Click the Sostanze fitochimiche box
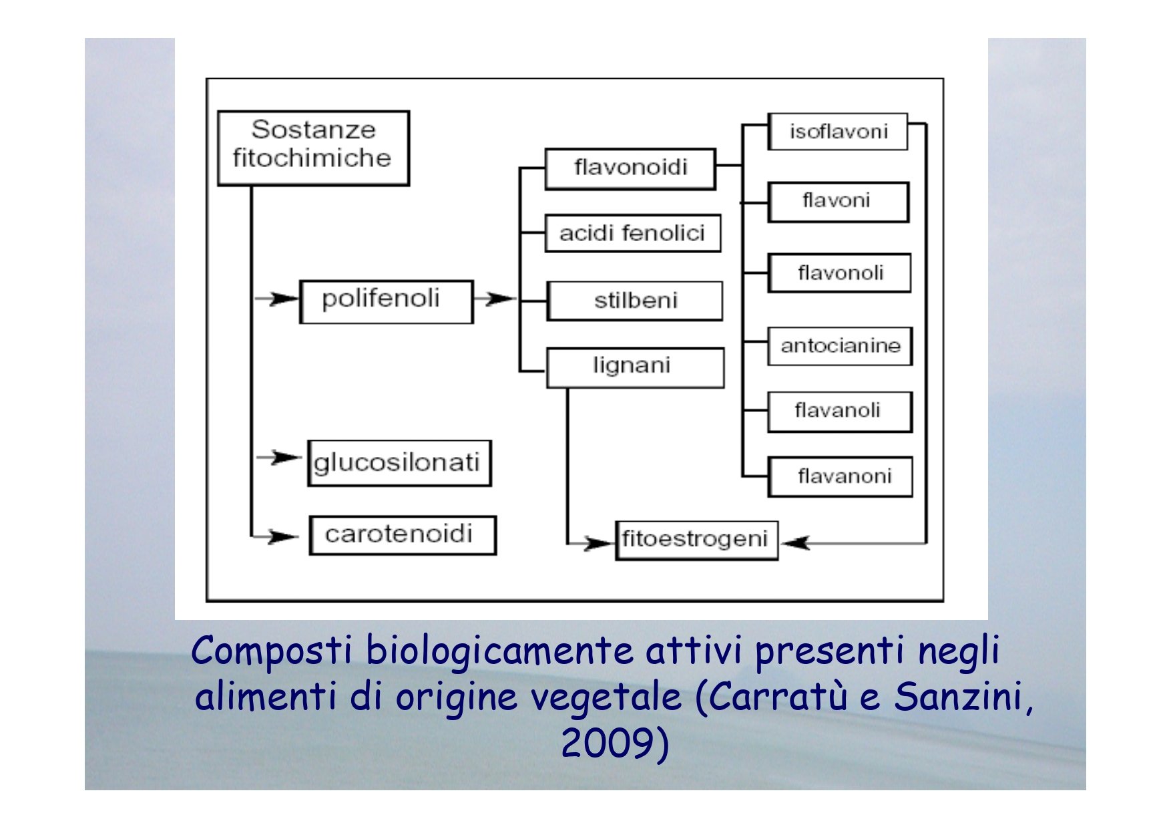pyautogui.click(x=313, y=148)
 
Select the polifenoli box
pyautogui.click(x=387, y=302)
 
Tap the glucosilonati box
pyautogui.click(x=399, y=463)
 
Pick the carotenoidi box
pyautogui.click(x=403, y=535)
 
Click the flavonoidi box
pyautogui.click(x=630, y=169)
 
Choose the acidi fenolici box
pyautogui.click(x=633, y=233)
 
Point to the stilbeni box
pyautogui.click(x=634, y=301)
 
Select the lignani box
pyautogui.click(x=635, y=367)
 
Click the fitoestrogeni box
pyautogui.click(x=696, y=540)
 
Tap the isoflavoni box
pyautogui.click(x=838, y=132)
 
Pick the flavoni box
pyautogui.click(x=839, y=202)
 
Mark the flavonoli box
pyautogui.click(x=839, y=273)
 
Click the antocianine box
pyautogui.click(x=840, y=346)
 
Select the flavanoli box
pyautogui.click(x=840, y=412)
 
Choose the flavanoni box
pyautogui.click(x=840, y=477)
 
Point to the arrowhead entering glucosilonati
pyautogui.click(x=288, y=458)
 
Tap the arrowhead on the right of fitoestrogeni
pyautogui.click(x=795, y=542)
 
